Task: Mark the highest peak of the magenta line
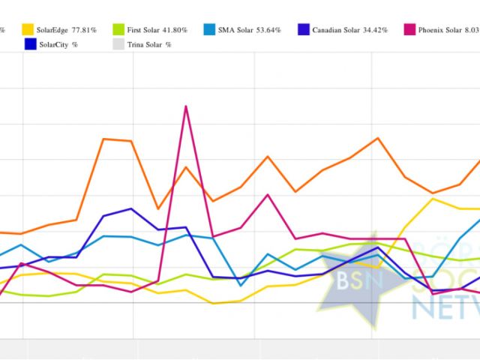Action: pyautogui.click(x=185, y=106)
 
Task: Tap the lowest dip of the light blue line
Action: pyautogui.click(x=241, y=286)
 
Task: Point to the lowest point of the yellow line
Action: pyautogui.click(x=214, y=303)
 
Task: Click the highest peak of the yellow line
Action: pyautogui.click(x=433, y=198)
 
